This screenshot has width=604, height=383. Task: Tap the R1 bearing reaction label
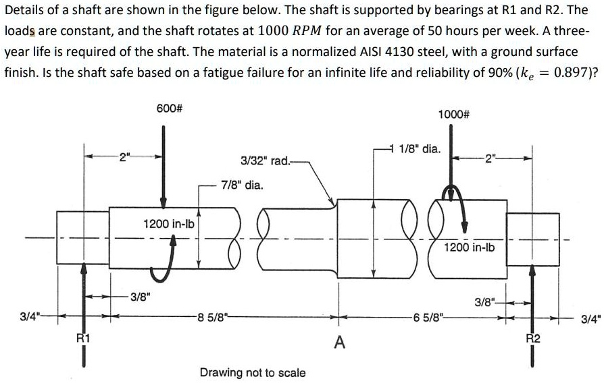[82, 338]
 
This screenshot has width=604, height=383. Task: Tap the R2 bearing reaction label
[533, 338]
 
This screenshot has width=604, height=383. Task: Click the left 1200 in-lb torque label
[169, 223]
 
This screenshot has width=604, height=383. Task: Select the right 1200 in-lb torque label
[469, 247]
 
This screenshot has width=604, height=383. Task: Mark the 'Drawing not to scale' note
[253, 372]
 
